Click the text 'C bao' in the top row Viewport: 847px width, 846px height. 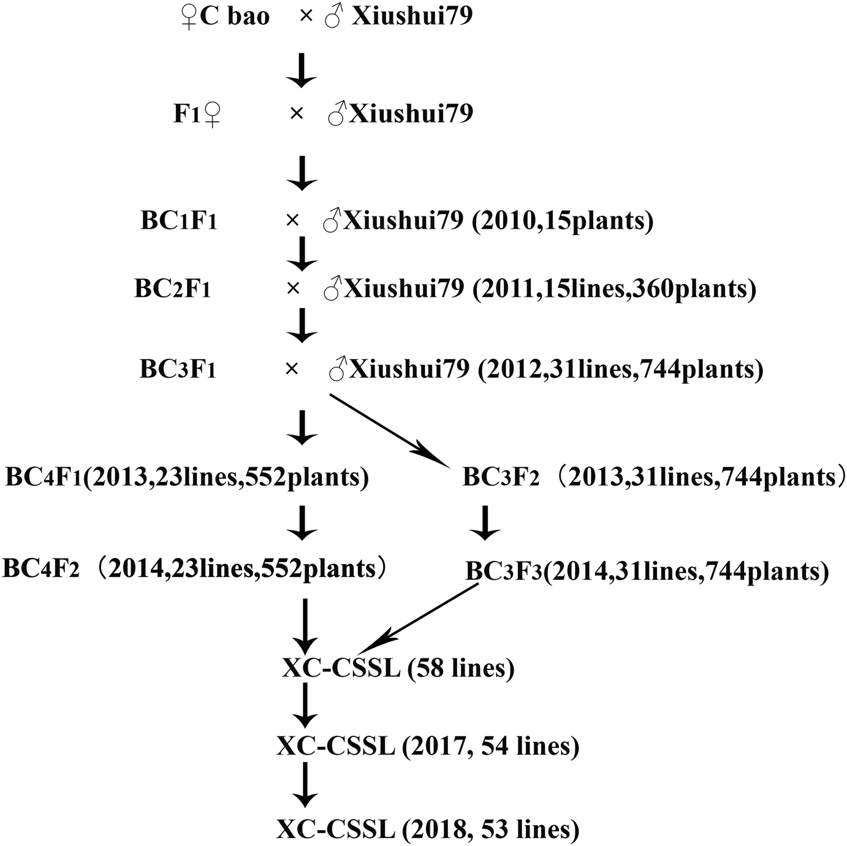[x=234, y=17]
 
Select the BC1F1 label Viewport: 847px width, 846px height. [x=179, y=221]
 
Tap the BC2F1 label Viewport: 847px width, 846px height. [x=173, y=288]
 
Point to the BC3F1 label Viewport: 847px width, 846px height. [x=178, y=370]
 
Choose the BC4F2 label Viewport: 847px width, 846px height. [x=41, y=569]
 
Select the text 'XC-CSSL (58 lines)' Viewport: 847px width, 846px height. [x=398, y=668]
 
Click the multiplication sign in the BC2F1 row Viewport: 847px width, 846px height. [x=292, y=288]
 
